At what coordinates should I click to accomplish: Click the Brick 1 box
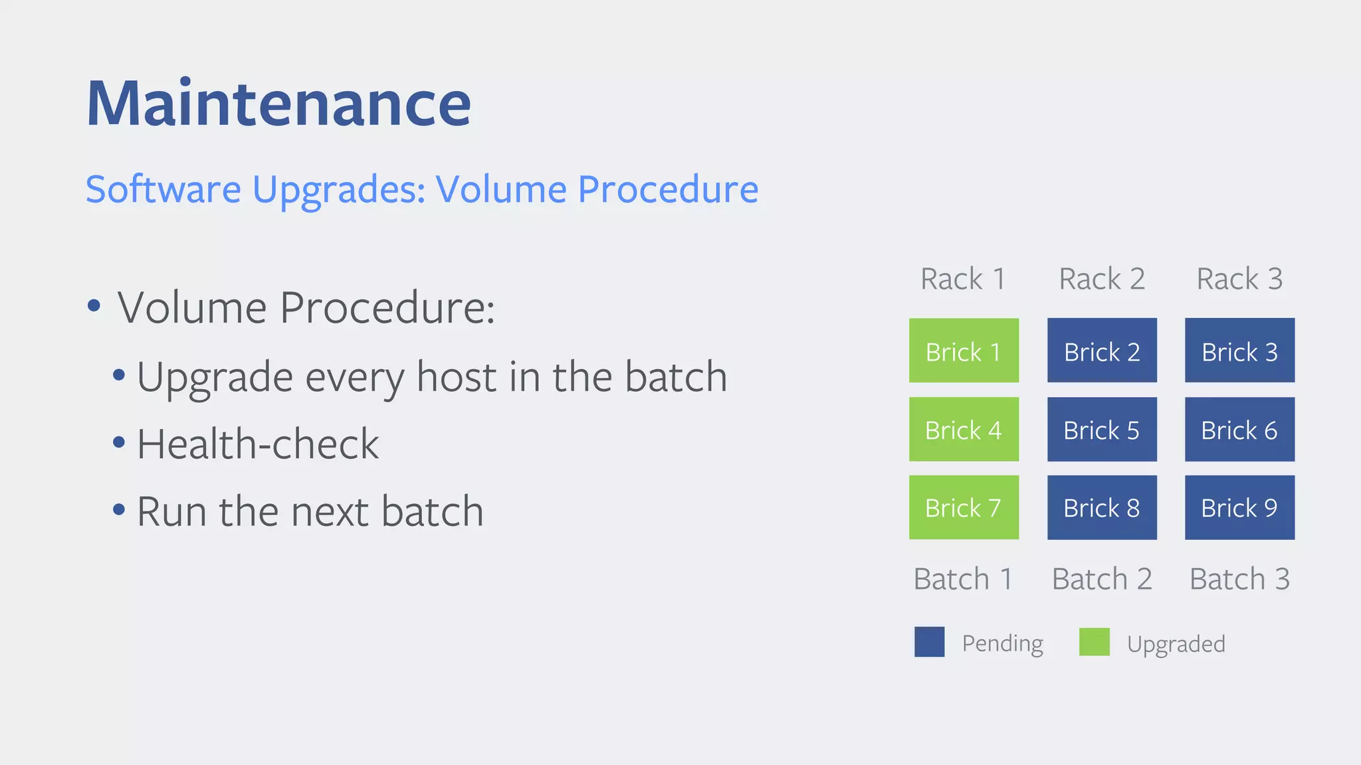click(964, 351)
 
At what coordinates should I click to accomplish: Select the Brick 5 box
click(1102, 429)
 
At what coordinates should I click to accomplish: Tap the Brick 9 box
click(1239, 507)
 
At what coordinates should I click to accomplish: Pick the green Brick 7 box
click(964, 507)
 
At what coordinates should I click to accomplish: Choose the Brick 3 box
click(1239, 351)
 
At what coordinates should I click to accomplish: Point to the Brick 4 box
click(964, 429)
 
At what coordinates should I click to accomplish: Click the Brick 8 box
click(1102, 507)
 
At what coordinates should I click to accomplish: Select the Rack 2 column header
click(1102, 279)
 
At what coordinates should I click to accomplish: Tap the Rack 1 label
click(963, 279)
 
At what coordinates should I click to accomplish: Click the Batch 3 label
click(1239, 579)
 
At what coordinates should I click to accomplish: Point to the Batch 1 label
click(963, 579)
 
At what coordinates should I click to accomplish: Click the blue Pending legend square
click(929, 642)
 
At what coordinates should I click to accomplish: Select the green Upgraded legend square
click(1094, 642)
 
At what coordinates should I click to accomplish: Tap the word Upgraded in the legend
click(1176, 644)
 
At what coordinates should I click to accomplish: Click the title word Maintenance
click(278, 104)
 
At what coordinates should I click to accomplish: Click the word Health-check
click(258, 444)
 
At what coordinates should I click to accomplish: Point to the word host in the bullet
click(458, 377)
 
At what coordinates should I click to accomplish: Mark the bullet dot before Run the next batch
click(119, 510)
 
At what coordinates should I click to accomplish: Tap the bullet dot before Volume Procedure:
click(94, 306)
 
